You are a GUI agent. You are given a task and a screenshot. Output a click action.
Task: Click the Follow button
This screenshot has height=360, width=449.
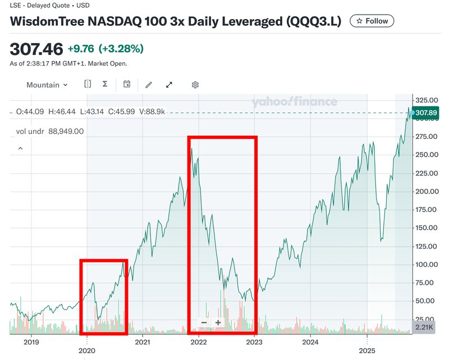pyautogui.click(x=372, y=21)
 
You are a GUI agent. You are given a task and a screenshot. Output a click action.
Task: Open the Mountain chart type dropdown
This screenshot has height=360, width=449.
pyautogui.click(x=47, y=85)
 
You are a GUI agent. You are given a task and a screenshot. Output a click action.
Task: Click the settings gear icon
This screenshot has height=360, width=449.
pyautogui.click(x=195, y=85)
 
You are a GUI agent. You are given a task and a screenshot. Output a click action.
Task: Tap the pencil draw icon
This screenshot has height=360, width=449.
pyautogui.click(x=149, y=85)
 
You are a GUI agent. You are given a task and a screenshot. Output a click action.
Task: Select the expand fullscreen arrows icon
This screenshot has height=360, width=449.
pyautogui.click(x=169, y=85)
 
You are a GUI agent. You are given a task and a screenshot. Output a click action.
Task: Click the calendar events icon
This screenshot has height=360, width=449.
pyautogui.click(x=127, y=85)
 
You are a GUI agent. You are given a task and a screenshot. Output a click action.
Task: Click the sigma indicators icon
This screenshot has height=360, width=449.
pyautogui.click(x=105, y=85)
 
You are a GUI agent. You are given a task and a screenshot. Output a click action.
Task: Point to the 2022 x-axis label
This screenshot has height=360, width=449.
pyautogui.click(x=199, y=341)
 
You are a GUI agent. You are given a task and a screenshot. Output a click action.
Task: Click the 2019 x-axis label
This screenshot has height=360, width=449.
pyautogui.click(x=31, y=341)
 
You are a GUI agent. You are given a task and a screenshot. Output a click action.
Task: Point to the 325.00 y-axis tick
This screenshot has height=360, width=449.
pyautogui.click(x=425, y=100)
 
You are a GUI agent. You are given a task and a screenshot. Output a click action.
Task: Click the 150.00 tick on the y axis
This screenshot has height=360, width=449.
pyautogui.click(x=425, y=228)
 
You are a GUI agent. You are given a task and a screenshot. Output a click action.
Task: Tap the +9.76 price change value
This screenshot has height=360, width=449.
pyautogui.click(x=81, y=48)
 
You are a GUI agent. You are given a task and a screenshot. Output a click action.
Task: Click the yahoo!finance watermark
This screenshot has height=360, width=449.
pyautogui.click(x=294, y=101)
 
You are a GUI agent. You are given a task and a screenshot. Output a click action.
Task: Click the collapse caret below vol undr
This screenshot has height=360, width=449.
pyautogui.click(x=21, y=149)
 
